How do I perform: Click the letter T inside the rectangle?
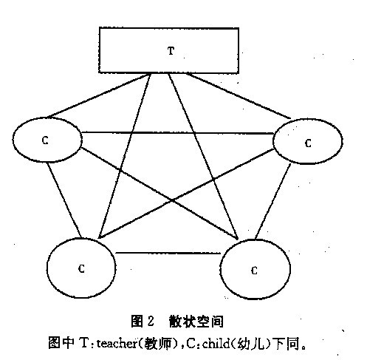pyautogui.click(x=171, y=51)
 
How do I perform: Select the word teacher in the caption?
pyautogui.click(x=117, y=343)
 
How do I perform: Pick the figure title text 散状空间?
pyautogui.click(x=196, y=322)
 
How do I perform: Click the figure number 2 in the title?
pyautogui.click(x=151, y=321)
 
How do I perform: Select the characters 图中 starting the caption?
pyautogui.click(x=61, y=343)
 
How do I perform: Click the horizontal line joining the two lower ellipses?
pyautogui.click(x=168, y=253)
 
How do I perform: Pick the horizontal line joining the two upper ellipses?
pyautogui.click(x=177, y=133)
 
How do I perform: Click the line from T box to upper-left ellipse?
pyautogui.click(x=98, y=95)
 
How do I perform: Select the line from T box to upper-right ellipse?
pyautogui.click(x=239, y=95)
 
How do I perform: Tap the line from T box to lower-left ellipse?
pyautogui.click(x=124, y=156)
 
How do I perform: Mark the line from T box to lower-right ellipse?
pyautogui.click(x=203, y=156)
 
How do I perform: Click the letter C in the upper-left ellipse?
pyautogui.click(x=45, y=140)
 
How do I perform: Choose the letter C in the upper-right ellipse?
pyautogui.click(x=308, y=143)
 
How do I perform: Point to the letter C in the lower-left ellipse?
pyautogui.click(x=81, y=268)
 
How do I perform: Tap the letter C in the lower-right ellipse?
pyautogui.click(x=254, y=271)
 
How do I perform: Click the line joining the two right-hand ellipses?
pyautogui.click(x=272, y=201)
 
